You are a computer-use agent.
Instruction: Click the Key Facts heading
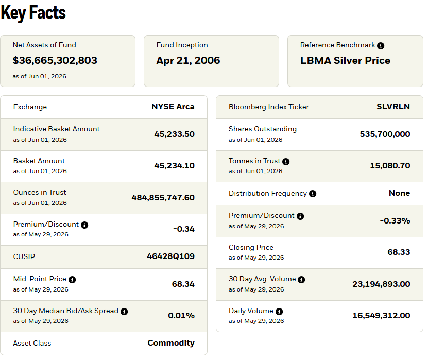(x=33, y=13)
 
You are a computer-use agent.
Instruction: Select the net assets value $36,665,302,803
(x=55, y=61)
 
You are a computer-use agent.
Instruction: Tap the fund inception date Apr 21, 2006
(x=188, y=61)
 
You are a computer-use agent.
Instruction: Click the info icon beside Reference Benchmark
(x=381, y=46)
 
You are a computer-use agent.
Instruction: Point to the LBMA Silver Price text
(x=345, y=61)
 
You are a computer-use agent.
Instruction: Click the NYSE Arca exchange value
(x=173, y=107)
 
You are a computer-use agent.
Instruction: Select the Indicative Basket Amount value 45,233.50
(x=175, y=134)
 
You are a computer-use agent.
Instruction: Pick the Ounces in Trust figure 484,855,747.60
(x=163, y=198)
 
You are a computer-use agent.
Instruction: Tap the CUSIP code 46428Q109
(x=171, y=256)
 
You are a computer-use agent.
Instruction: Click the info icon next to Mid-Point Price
(x=72, y=280)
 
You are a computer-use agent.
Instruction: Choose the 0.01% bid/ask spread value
(x=181, y=316)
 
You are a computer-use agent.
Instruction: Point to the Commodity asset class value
(x=171, y=343)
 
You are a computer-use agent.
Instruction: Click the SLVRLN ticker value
(x=393, y=107)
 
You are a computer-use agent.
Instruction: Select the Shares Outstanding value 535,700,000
(x=385, y=134)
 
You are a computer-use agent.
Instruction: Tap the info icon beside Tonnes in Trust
(x=286, y=162)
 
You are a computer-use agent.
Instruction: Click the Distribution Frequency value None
(x=399, y=193)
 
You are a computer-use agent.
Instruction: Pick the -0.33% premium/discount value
(x=395, y=220)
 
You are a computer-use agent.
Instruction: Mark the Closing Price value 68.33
(x=399, y=252)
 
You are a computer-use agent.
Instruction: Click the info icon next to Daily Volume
(x=279, y=312)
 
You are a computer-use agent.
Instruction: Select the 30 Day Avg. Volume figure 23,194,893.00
(x=381, y=284)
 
